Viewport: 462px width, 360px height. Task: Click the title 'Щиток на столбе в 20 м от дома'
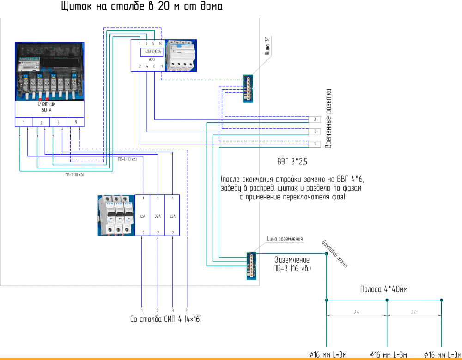pyautogui.click(x=141, y=7)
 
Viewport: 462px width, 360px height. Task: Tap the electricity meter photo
pyautogui.click(x=49, y=72)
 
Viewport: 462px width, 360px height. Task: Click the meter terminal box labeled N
pyautogui.click(x=75, y=122)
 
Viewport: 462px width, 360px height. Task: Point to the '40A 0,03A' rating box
pyautogui.click(x=152, y=52)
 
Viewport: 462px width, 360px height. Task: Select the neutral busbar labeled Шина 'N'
pyautogui.click(x=248, y=89)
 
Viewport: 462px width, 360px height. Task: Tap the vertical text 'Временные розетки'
pyautogui.click(x=329, y=119)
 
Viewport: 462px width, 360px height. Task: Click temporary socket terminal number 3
pyautogui.click(x=314, y=120)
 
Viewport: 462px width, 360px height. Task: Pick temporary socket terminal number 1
pyautogui.click(x=314, y=144)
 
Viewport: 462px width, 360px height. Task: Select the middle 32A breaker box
pyautogui.click(x=158, y=216)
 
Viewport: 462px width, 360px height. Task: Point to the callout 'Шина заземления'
pyautogui.click(x=285, y=239)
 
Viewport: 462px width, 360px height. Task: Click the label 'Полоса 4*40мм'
pyautogui.click(x=383, y=289)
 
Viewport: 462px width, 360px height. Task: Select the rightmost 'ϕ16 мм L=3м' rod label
pyautogui.click(x=442, y=354)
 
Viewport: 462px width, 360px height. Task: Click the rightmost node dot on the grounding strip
pyautogui.click(x=442, y=300)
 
